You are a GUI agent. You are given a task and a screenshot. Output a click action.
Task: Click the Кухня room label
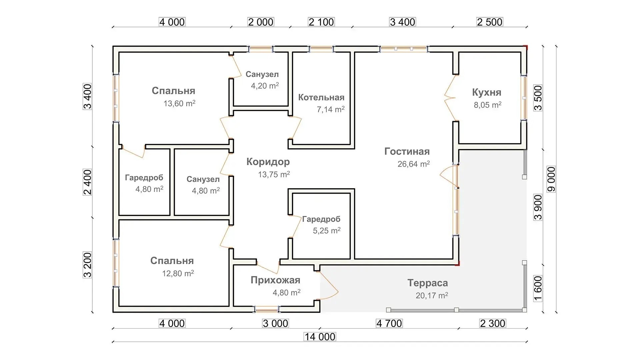click(487, 92)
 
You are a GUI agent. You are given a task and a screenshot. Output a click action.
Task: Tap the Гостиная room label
click(407, 151)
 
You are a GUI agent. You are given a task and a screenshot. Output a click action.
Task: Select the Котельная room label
click(321, 97)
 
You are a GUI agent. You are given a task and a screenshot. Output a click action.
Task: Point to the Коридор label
click(268, 162)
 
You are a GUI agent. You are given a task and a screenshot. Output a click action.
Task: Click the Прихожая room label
click(275, 280)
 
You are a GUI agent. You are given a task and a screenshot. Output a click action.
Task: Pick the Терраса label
click(428, 283)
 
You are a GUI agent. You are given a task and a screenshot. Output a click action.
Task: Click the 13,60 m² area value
click(179, 103)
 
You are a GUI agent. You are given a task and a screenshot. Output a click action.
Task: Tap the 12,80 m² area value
click(178, 273)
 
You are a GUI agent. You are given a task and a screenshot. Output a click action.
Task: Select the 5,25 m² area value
click(327, 230)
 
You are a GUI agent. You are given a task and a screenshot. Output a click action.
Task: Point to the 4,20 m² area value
click(265, 86)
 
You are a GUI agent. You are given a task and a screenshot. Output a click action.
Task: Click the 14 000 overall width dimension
click(320, 337)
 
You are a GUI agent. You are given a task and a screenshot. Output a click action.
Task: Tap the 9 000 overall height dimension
click(552, 179)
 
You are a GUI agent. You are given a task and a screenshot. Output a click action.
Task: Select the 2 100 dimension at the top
click(321, 22)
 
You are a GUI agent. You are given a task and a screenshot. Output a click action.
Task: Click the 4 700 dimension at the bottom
click(389, 323)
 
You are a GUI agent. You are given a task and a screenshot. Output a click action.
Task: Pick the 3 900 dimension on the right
click(538, 207)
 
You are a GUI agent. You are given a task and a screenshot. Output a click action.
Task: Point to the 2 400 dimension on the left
click(87, 182)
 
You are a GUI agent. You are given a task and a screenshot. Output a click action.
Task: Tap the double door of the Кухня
click(450, 98)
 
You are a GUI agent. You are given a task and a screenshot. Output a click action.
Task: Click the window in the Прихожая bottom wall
click(267, 309)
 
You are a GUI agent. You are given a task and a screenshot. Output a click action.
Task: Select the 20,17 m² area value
click(432, 295)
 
